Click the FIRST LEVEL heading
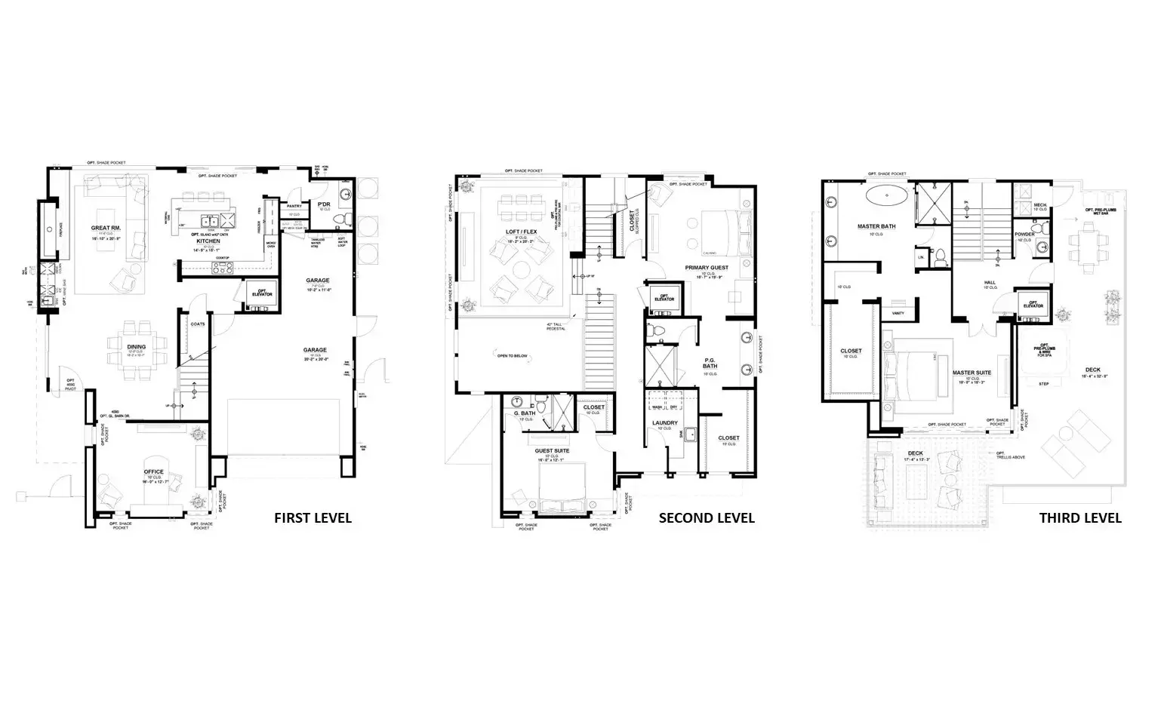(x=313, y=517)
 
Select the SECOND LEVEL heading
(x=707, y=517)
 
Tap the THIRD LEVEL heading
(x=1080, y=517)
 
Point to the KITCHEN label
(x=208, y=241)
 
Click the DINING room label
(x=137, y=347)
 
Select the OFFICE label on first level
(x=154, y=472)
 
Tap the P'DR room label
(x=324, y=205)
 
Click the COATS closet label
(x=198, y=324)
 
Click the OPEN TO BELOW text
(x=512, y=355)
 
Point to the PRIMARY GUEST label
(x=707, y=268)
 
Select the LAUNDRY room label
(x=665, y=423)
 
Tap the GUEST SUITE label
(x=553, y=450)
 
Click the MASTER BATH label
(x=876, y=226)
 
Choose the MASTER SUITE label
(x=972, y=373)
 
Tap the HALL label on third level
(x=990, y=283)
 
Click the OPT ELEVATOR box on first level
(x=262, y=293)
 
